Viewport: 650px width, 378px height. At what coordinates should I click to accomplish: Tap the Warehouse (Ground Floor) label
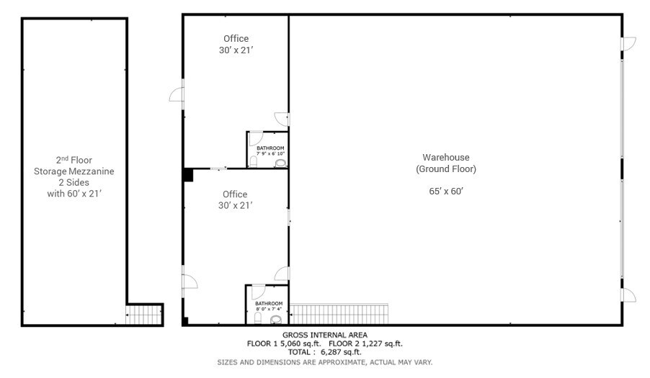(446, 163)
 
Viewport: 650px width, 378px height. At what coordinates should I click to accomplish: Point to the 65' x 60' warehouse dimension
(445, 192)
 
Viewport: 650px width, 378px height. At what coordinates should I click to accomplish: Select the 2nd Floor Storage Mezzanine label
(74, 176)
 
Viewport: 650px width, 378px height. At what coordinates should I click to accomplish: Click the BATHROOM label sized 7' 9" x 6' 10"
(270, 150)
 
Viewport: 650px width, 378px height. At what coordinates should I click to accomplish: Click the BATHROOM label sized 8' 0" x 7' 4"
(269, 306)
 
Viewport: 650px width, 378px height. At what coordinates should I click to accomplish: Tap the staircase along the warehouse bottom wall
(339, 314)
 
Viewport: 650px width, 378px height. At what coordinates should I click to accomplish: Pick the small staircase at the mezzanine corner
(144, 314)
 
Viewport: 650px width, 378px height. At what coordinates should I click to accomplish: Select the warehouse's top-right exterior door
(628, 44)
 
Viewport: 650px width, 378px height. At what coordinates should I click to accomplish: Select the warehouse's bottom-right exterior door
(628, 295)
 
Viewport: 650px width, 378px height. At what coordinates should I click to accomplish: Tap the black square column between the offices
(188, 174)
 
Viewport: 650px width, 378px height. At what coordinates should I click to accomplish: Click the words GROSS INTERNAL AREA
(324, 335)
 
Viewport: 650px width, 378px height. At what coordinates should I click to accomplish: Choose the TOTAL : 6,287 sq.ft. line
(324, 352)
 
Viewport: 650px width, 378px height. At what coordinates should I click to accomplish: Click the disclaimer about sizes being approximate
(324, 362)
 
